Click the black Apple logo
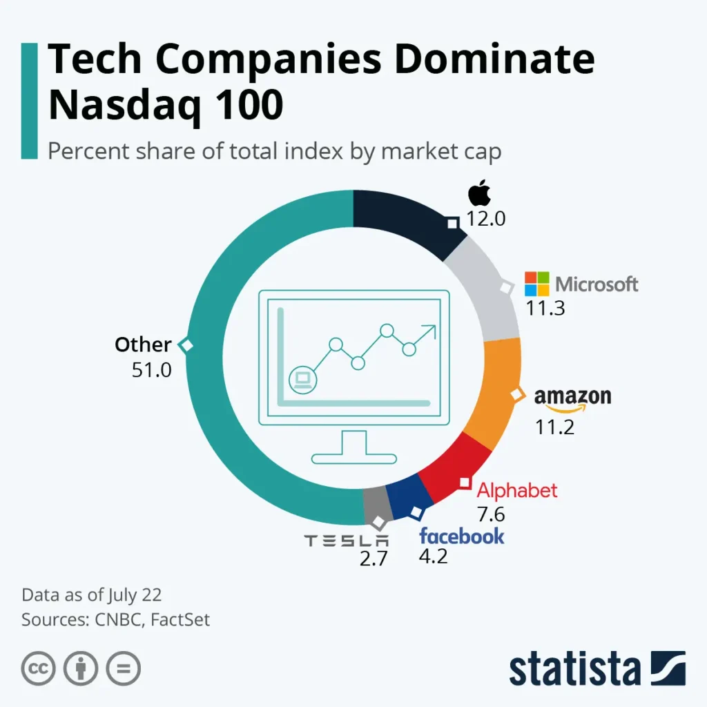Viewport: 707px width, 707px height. (479, 193)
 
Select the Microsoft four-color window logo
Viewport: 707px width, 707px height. (537, 284)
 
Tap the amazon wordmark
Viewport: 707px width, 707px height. (572, 398)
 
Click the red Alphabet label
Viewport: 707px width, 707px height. (517, 490)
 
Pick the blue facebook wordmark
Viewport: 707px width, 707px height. (462, 536)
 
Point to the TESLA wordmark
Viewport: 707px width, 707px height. (347, 541)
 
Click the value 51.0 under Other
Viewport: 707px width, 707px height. (151, 370)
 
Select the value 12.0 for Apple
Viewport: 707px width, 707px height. (486, 220)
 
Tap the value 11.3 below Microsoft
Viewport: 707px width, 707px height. (545, 308)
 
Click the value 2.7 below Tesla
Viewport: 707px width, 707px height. (374, 559)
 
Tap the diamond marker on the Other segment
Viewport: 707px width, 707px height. (185, 345)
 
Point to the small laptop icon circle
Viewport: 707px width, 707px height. (302, 378)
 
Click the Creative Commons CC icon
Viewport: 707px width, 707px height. (39, 668)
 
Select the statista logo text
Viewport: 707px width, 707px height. (575, 669)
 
